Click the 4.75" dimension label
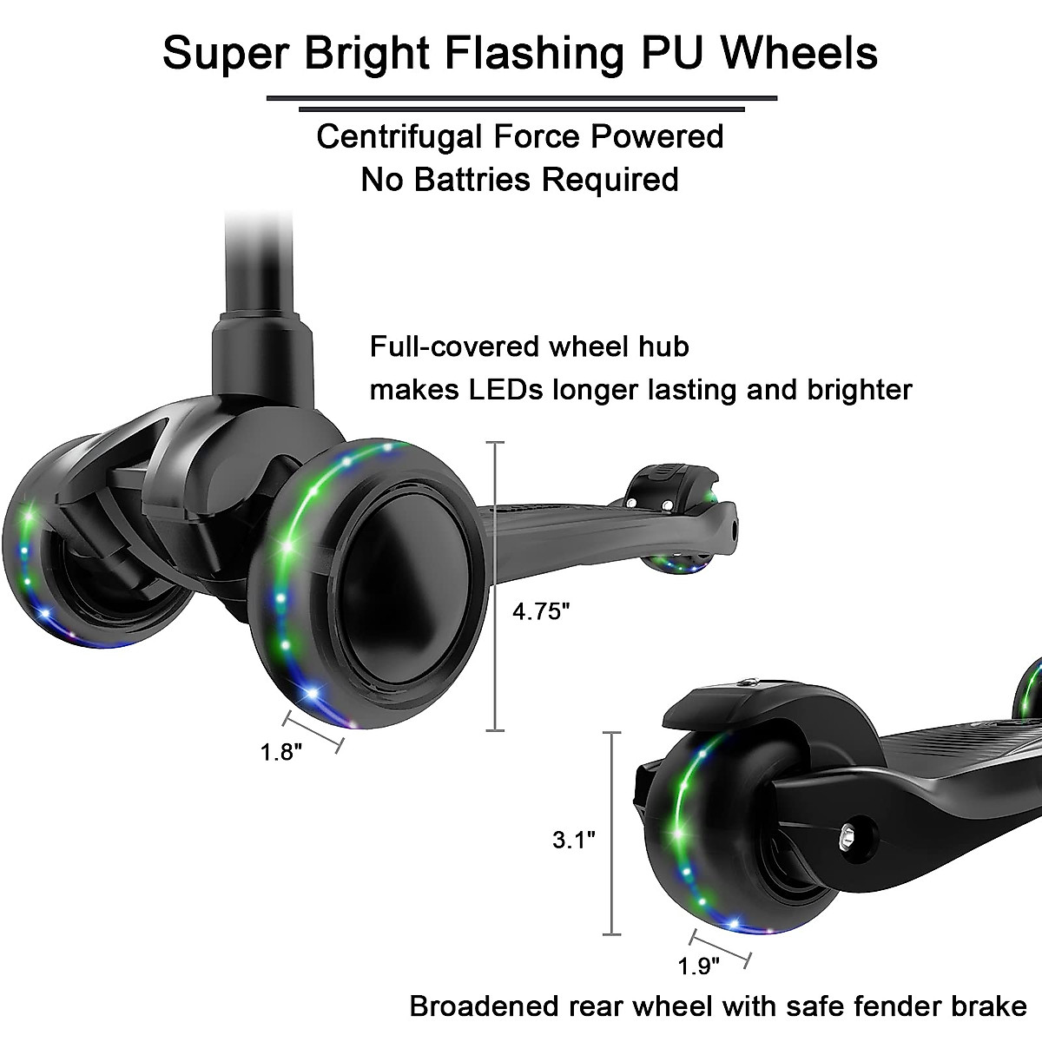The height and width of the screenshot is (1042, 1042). click(540, 612)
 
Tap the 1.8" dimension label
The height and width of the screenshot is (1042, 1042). click(281, 751)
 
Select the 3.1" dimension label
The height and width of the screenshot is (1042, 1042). click(573, 840)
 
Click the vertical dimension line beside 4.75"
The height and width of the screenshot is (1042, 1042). click(495, 586)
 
